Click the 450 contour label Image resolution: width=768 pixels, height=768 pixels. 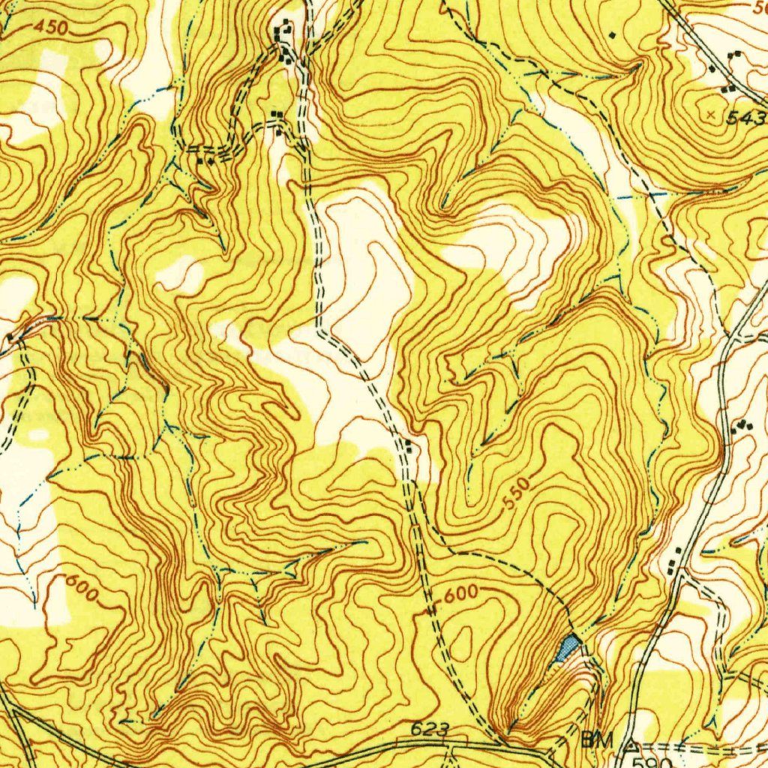(x=52, y=28)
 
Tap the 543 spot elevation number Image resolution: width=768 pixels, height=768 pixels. (x=746, y=118)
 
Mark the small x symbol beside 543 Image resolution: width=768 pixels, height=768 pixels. (x=711, y=114)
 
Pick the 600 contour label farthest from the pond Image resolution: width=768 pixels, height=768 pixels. (x=82, y=587)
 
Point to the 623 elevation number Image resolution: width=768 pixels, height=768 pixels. (x=430, y=730)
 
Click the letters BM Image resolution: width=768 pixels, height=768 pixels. (x=597, y=740)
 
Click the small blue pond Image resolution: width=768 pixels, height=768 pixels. (x=568, y=646)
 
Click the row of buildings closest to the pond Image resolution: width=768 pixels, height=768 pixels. (x=676, y=559)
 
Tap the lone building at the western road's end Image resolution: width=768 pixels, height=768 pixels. (x=10, y=338)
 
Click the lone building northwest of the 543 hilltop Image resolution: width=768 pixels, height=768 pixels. (x=613, y=34)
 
